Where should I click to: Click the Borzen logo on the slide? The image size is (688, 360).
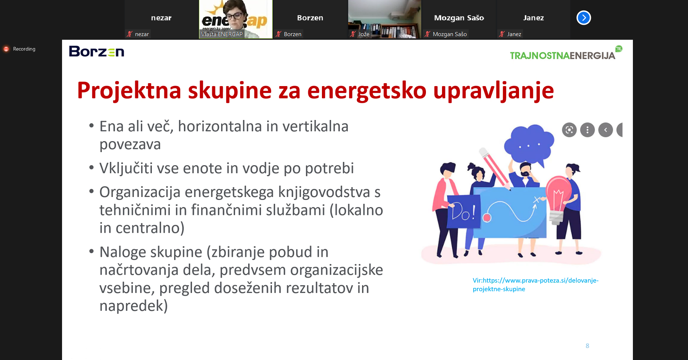point(96,51)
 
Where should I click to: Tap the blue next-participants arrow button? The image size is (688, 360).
point(584,18)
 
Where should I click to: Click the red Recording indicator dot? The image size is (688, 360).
point(6,49)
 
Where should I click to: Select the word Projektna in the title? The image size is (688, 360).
point(129,91)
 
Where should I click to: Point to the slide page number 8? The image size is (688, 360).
point(587,346)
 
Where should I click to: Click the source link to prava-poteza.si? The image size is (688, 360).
point(535,284)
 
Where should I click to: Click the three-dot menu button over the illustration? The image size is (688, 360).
point(587,130)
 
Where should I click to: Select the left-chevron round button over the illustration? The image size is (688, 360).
point(606,130)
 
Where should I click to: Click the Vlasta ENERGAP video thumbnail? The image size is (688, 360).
point(236,19)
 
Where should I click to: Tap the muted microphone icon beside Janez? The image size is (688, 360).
point(502,34)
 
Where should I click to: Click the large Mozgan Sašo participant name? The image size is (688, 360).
point(459,18)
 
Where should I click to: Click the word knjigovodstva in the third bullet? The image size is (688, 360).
point(324,192)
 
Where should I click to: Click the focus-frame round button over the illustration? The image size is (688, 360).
point(569,130)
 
